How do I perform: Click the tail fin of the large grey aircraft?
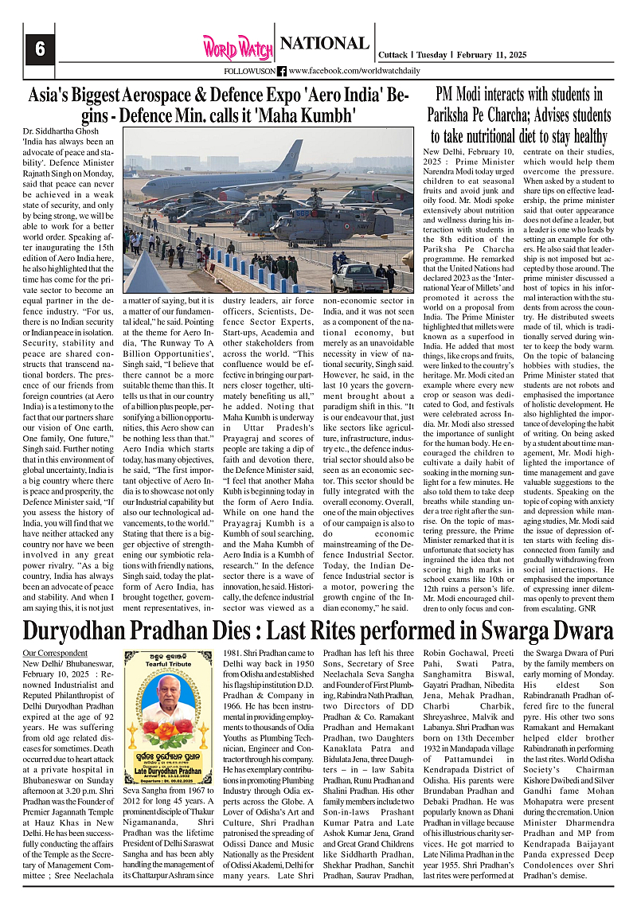(x=288, y=157)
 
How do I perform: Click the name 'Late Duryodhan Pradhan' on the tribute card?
(x=169, y=771)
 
